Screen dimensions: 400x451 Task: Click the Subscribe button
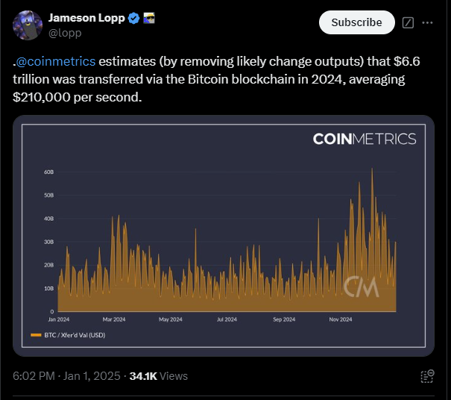[356, 22]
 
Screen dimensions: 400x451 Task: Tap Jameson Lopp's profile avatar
[28, 25]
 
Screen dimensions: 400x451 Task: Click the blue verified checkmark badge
[134, 17]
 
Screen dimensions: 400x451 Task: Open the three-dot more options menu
[427, 22]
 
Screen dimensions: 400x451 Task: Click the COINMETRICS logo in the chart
[364, 139]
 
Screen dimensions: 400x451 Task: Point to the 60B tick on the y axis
[48, 172]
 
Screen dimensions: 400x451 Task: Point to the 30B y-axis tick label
[48, 242]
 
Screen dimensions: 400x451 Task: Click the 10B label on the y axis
[48, 288]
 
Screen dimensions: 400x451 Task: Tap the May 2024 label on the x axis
[170, 319]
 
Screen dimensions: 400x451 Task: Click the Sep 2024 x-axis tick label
[283, 319]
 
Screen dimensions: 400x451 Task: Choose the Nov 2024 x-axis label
[340, 319]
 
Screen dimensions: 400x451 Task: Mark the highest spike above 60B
[371, 170]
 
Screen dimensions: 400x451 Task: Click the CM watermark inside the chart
[362, 287]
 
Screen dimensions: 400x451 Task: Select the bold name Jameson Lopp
[86, 17]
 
